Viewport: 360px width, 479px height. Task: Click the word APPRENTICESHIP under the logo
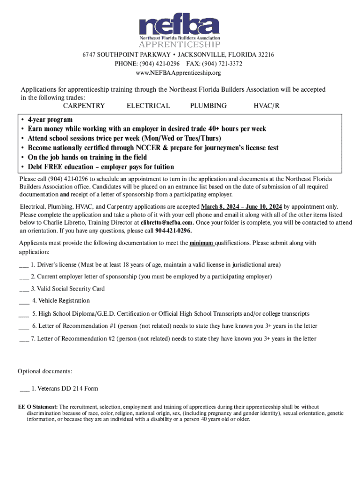point(180,45)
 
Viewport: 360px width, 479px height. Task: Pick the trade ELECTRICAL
point(148,106)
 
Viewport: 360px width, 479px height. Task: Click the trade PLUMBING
point(208,106)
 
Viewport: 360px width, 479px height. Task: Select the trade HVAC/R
point(266,106)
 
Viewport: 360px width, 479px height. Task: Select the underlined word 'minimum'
point(201,243)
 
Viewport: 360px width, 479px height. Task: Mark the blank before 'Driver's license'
point(24,265)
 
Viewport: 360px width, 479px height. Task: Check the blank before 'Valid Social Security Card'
point(24,289)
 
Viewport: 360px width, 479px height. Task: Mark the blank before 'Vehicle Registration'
point(24,301)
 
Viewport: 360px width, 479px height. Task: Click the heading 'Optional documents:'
point(45,371)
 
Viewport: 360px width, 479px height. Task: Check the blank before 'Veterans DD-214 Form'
point(25,389)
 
